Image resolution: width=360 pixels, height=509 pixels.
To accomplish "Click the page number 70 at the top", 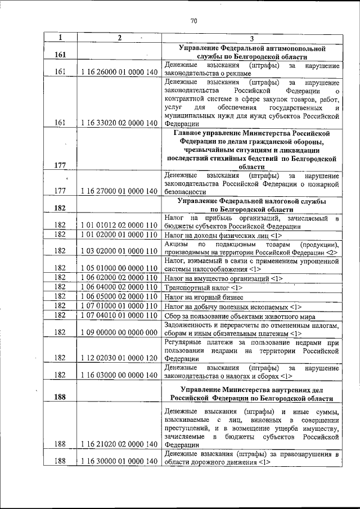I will point(193,21).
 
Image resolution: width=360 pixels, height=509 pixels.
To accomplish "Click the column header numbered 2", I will point(119,38).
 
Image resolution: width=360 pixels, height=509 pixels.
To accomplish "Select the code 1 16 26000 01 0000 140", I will point(119,72).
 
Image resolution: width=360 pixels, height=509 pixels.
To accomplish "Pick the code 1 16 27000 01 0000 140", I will point(119,191).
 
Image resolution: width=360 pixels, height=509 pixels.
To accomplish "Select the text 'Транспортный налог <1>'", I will point(196,287).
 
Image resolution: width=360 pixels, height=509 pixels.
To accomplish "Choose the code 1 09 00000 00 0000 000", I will point(119,332).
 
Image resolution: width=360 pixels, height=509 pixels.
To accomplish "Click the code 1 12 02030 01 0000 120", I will point(119,358).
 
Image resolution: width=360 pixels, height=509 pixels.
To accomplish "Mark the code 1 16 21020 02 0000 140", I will point(119,444).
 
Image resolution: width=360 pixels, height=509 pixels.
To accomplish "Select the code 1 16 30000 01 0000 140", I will point(119,462).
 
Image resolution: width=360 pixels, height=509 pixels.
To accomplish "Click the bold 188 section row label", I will point(61,397).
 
